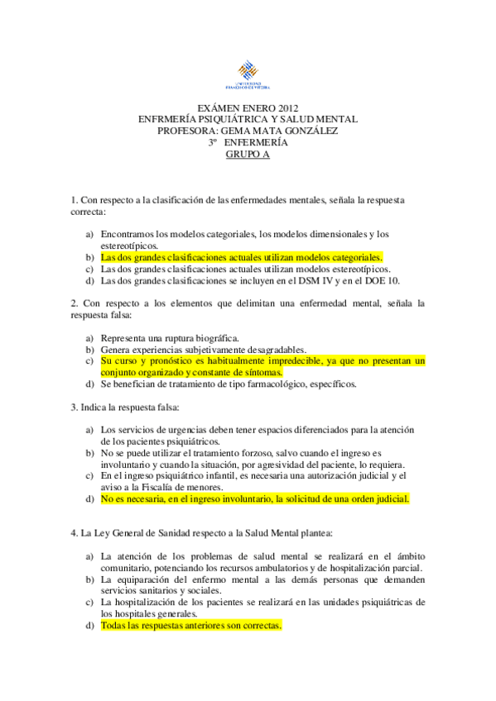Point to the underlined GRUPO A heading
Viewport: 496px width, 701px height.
(248, 153)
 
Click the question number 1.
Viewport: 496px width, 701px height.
(75, 200)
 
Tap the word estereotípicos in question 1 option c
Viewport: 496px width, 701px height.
(359, 269)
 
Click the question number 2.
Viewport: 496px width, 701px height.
(75, 303)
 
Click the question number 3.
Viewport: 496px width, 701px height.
(75, 407)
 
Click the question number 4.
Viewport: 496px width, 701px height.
(75, 533)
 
